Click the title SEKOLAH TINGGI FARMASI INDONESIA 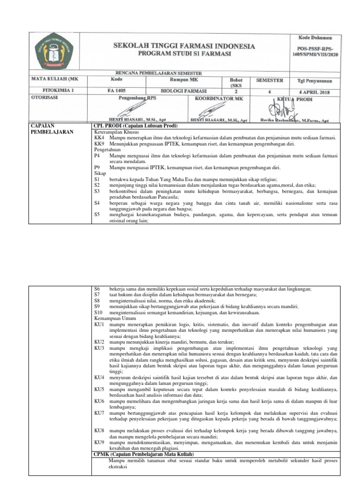point(184,46)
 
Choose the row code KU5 point(99,389)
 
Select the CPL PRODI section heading point(136,126)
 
